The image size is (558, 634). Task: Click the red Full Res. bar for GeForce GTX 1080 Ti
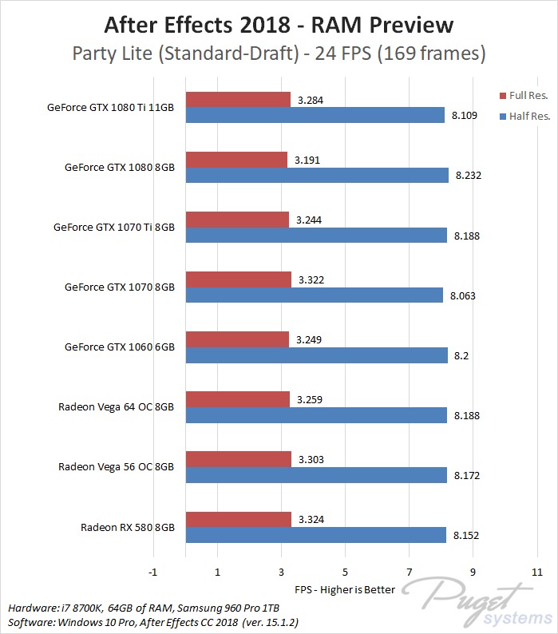(x=237, y=100)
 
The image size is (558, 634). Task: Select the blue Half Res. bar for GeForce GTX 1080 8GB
(x=316, y=175)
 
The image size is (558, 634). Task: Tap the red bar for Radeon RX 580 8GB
(x=238, y=520)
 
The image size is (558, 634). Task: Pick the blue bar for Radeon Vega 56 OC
(x=315, y=475)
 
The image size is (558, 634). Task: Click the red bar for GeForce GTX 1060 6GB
(x=237, y=340)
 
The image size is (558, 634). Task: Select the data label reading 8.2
(x=462, y=355)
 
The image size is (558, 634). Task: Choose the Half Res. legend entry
(x=528, y=116)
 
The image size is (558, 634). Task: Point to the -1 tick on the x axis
(x=152, y=573)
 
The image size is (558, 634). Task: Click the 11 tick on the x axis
(x=536, y=573)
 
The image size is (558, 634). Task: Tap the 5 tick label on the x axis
(x=345, y=573)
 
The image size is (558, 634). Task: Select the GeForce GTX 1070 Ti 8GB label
(x=113, y=227)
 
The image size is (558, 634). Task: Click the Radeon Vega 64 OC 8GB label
(x=116, y=406)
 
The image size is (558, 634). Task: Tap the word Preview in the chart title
(x=410, y=25)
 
